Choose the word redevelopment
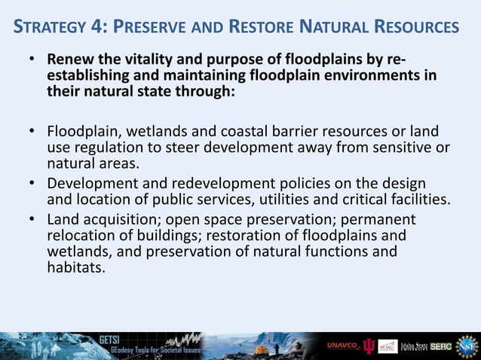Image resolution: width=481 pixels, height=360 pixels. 213,185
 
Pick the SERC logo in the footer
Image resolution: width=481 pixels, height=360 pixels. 441,346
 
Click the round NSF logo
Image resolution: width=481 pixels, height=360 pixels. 467,345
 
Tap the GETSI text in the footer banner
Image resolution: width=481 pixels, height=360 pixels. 109,340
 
